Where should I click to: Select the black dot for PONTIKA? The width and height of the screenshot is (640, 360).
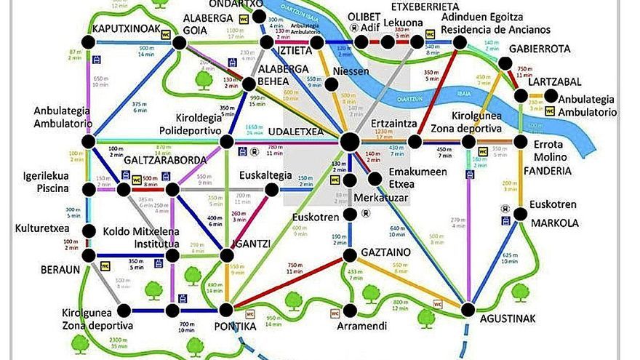tap(228, 311)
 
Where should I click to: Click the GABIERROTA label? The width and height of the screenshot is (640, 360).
tap(540, 49)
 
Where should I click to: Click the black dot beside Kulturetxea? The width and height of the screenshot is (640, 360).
tap(89, 231)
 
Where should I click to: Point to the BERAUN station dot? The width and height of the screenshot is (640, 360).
tap(89, 255)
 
